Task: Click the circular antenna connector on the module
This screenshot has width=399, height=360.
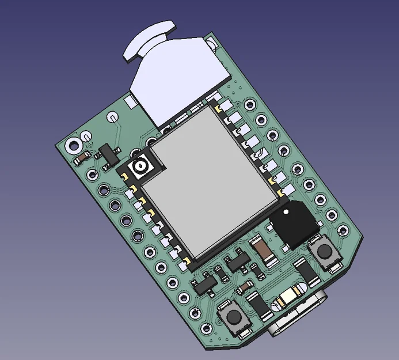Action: click(x=140, y=168)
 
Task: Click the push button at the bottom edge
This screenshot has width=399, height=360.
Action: click(x=234, y=317)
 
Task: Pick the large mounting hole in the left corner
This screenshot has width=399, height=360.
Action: click(x=74, y=145)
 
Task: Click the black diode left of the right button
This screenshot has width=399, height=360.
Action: click(x=305, y=270)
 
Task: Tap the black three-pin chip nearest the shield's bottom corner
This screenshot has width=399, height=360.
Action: click(x=235, y=262)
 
